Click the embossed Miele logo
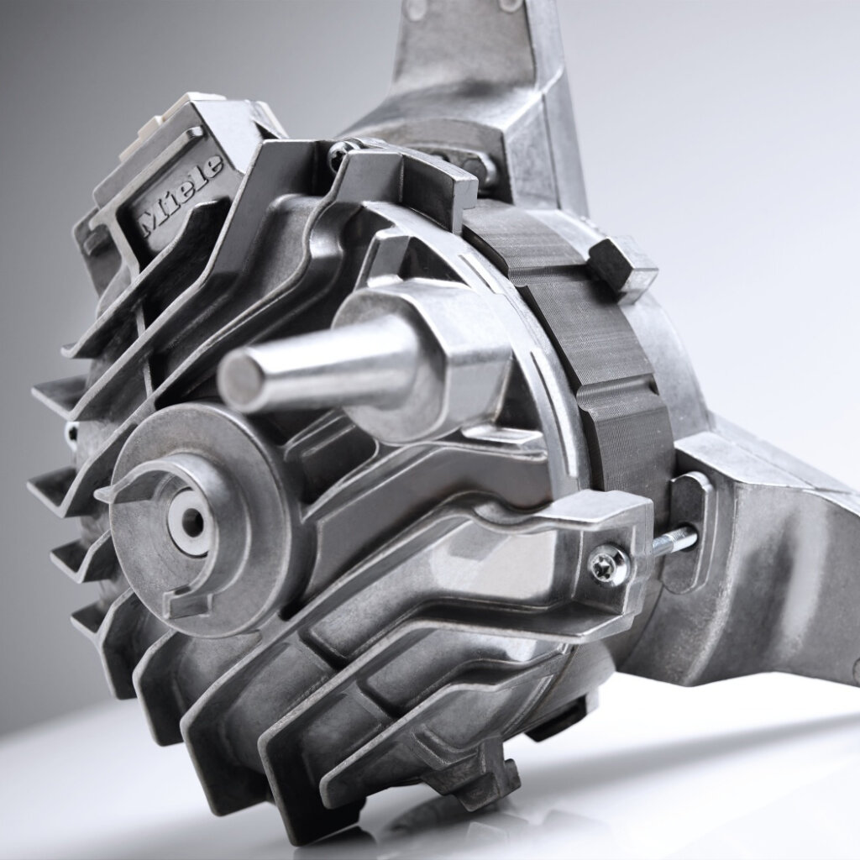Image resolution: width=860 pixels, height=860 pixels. coord(181,195)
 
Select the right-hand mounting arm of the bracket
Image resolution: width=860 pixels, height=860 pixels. coord(773,571)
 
